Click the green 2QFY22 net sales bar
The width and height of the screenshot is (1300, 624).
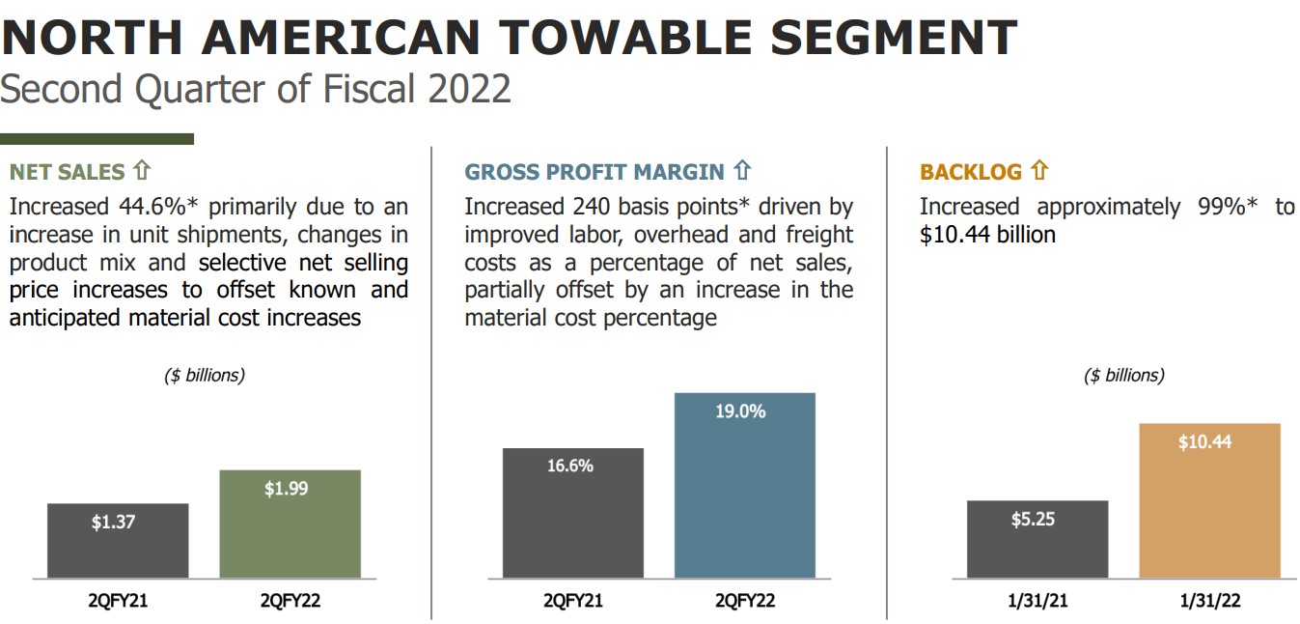[x=290, y=524]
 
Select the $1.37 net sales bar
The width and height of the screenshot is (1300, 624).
[x=117, y=540]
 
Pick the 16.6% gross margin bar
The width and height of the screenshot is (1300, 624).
[x=572, y=513]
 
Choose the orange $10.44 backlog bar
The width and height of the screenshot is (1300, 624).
[x=1209, y=500]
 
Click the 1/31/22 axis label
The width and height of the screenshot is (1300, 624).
[x=1209, y=601]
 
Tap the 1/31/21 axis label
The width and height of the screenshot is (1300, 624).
[x=1037, y=601]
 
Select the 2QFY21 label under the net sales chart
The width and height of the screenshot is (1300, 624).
[x=117, y=601]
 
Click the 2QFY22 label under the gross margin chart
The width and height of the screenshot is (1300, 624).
[x=744, y=601]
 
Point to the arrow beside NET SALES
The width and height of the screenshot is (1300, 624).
[x=142, y=172]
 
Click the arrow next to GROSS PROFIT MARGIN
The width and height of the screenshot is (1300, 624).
[x=741, y=172]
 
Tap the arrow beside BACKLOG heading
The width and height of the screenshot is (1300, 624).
[x=1038, y=172]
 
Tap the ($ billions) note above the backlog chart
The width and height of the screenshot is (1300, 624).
[x=1124, y=376]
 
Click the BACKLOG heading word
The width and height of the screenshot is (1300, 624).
[x=970, y=172]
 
